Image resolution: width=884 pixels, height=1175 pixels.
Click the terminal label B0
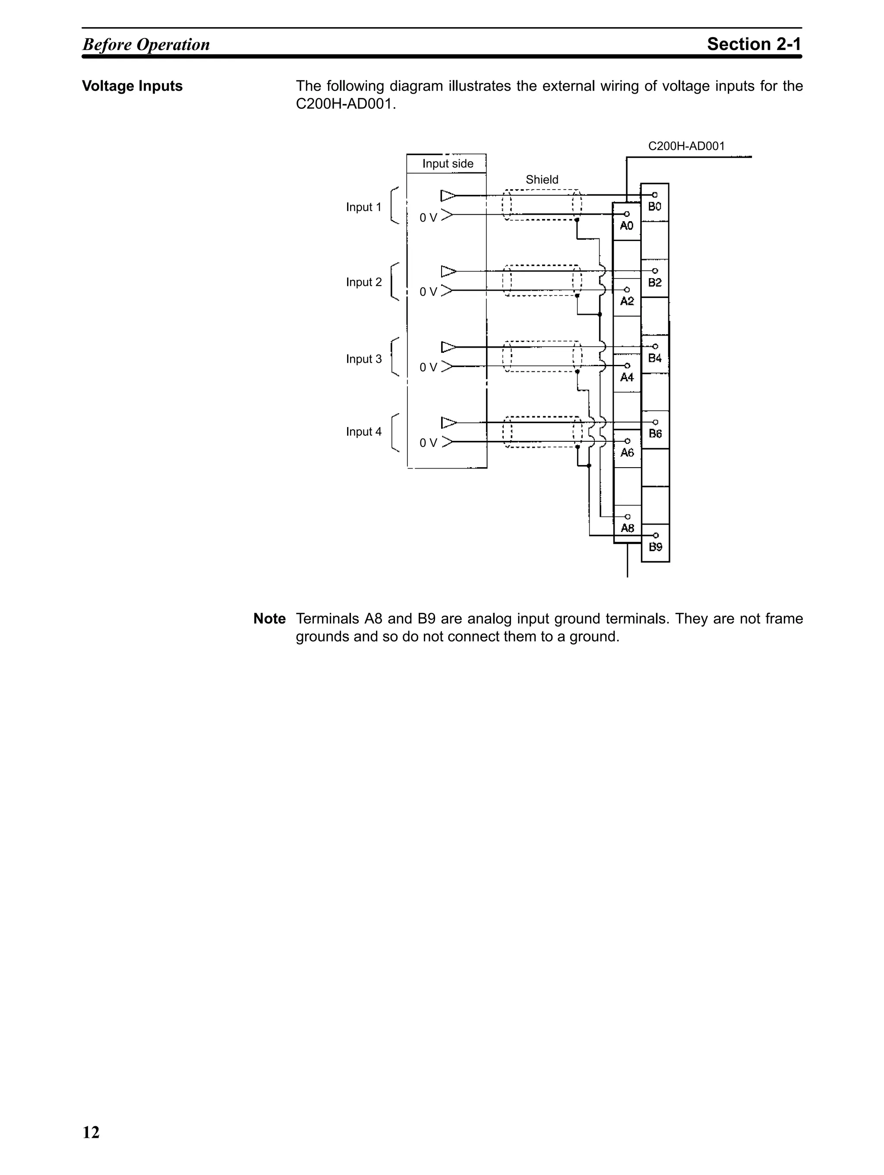click(655, 207)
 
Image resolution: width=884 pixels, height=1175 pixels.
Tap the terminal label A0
click(626, 226)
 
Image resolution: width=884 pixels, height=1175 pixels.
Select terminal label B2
click(655, 282)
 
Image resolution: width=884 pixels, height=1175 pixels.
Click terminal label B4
click(655, 358)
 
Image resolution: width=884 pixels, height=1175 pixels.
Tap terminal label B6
click(655, 434)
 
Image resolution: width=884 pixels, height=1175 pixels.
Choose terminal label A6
click(627, 453)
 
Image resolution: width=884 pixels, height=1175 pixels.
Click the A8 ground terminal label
click(628, 528)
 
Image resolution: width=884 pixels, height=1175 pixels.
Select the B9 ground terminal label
click(656, 547)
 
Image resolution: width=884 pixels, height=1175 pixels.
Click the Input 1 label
click(364, 207)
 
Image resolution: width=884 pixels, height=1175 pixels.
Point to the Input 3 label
click(364, 359)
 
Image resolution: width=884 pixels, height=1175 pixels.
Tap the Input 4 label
click(364, 432)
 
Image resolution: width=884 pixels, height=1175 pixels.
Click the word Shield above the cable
click(542, 180)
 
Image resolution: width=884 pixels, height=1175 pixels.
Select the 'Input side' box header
click(448, 164)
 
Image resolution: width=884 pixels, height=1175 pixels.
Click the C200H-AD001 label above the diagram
click(686, 146)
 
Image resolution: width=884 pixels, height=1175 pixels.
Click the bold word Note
click(269, 619)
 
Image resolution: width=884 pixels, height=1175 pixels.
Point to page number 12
click(91, 1133)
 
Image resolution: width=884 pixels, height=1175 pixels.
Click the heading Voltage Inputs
click(132, 86)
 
